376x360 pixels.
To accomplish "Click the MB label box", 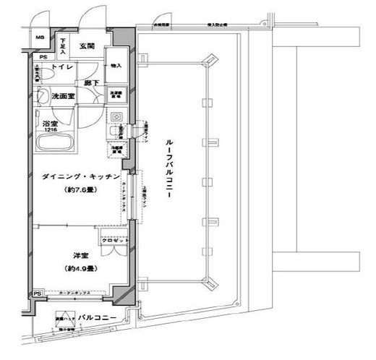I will click(x=40, y=38).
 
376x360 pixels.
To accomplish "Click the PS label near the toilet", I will click(x=44, y=57).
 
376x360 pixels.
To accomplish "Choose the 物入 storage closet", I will click(x=116, y=66).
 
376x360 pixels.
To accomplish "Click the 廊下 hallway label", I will click(x=91, y=82).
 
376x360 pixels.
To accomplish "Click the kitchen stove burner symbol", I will click(x=116, y=117).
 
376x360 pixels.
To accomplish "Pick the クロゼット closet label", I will click(x=112, y=241).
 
